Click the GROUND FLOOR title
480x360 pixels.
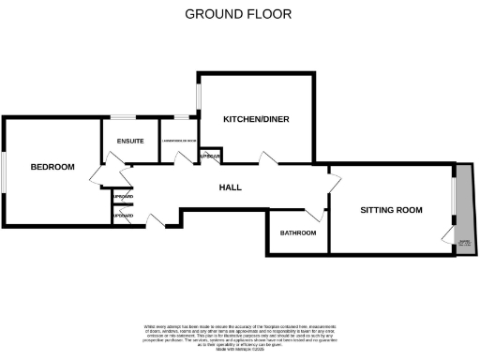pyautogui.click(x=238, y=13)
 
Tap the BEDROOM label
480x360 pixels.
pyautogui.click(x=52, y=167)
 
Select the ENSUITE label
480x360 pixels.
pyautogui.click(x=130, y=142)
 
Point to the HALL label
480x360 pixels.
pyautogui.click(x=230, y=187)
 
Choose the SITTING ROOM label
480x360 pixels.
pyautogui.click(x=391, y=210)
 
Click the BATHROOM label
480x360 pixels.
pyautogui.click(x=298, y=232)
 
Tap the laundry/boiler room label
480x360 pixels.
pyautogui.click(x=178, y=142)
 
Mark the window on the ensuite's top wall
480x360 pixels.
pyautogui.click(x=124, y=116)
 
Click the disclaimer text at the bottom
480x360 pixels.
pyautogui.click(x=239, y=337)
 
